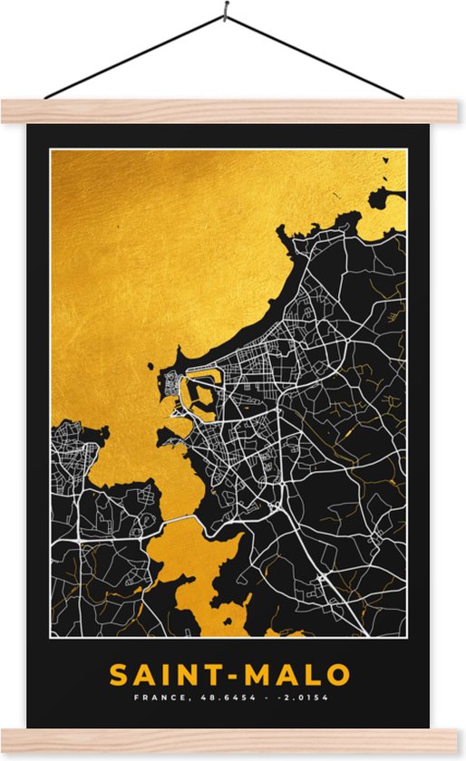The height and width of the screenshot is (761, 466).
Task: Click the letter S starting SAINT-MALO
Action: pos(119,675)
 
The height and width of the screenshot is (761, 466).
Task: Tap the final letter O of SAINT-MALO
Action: pos(337,675)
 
